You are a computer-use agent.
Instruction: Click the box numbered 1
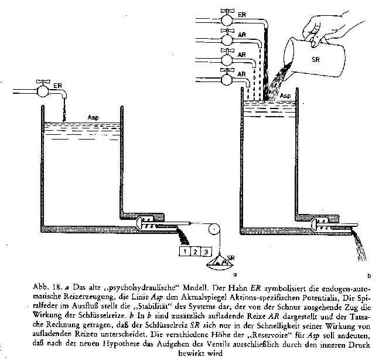[183, 252]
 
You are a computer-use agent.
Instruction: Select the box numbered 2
[194, 252]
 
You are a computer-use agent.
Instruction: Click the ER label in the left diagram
[57, 86]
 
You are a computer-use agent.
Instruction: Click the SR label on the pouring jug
[315, 59]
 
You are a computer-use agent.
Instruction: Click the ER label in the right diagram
[241, 13]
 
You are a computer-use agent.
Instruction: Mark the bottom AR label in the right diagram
[242, 76]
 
